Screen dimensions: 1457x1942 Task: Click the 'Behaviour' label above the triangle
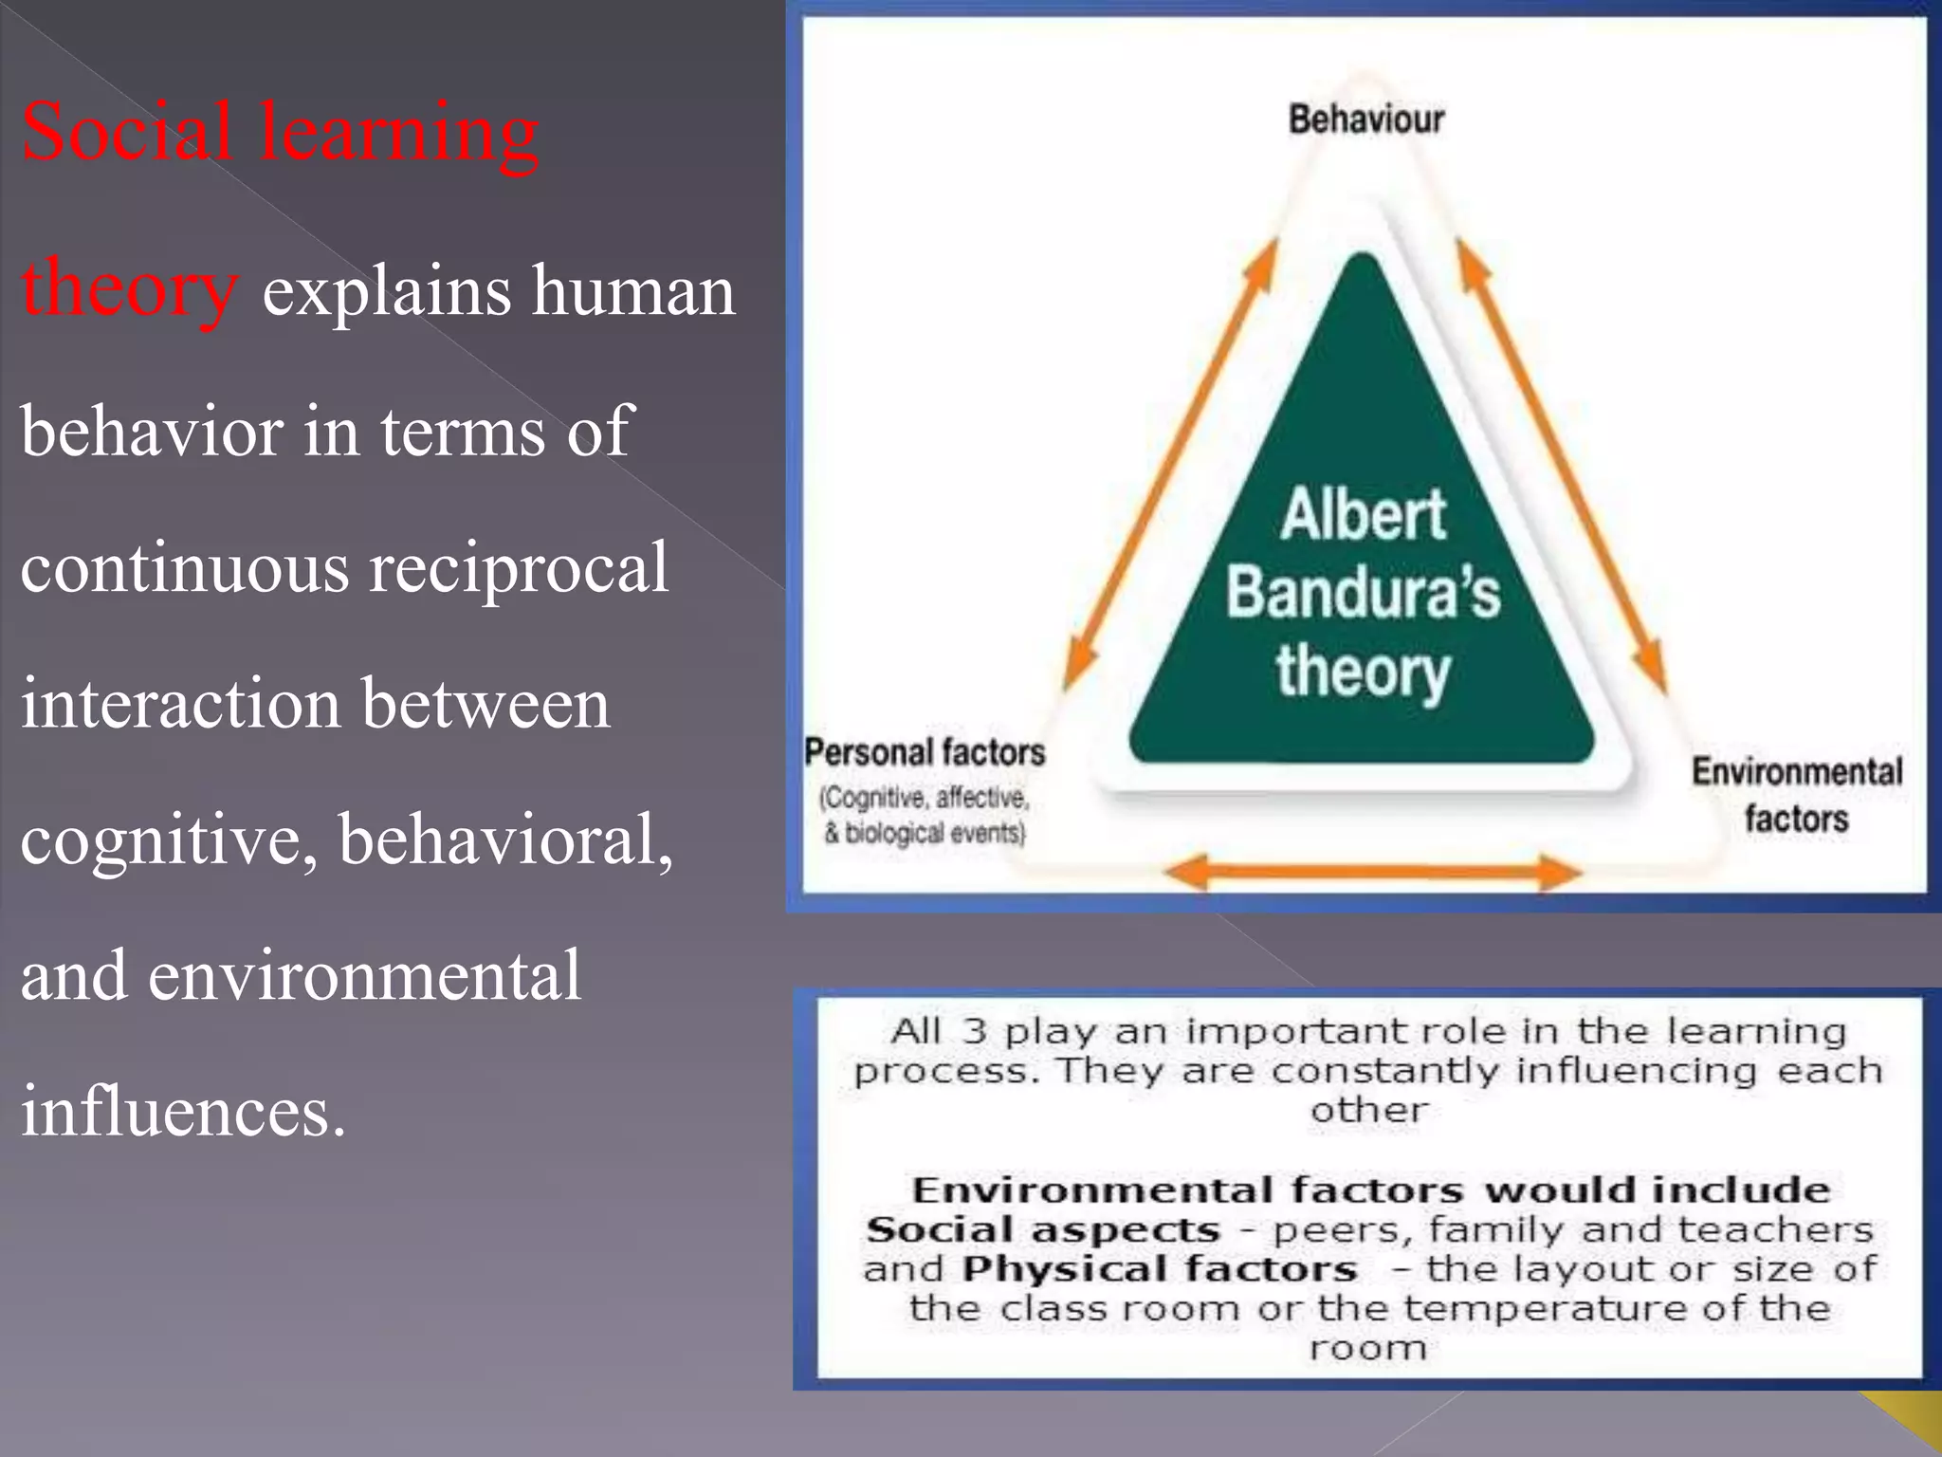click(1365, 120)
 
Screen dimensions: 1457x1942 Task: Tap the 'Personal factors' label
click(925, 753)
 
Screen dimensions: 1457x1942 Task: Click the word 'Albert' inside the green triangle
click(1363, 515)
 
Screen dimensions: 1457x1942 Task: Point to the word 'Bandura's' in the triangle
click(1363, 593)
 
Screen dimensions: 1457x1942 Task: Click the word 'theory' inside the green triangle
click(1363, 672)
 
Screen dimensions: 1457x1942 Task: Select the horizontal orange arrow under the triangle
click(1373, 871)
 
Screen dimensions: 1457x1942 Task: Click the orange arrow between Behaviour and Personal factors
click(1171, 465)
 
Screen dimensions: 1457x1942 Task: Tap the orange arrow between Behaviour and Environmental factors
click(1562, 465)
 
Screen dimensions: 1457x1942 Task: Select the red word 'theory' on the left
click(128, 289)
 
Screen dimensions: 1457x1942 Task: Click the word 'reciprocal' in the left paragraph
click(519, 568)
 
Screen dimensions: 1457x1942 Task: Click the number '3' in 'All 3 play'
click(975, 1031)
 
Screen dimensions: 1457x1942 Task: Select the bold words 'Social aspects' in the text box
click(1043, 1230)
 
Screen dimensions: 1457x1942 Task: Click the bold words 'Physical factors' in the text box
click(1160, 1269)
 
